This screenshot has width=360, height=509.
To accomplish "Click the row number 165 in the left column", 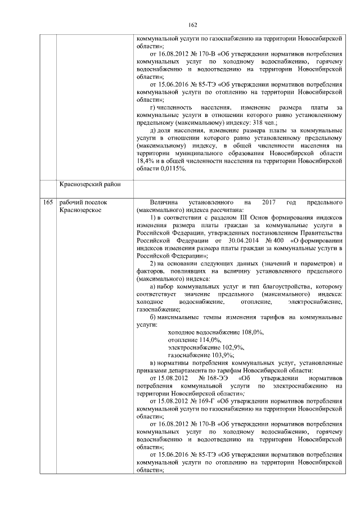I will [x=48, y=202].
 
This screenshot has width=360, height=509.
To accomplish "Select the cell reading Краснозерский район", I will [x=88, y=184].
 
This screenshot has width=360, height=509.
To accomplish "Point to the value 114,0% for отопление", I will [x=210, y=340].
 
